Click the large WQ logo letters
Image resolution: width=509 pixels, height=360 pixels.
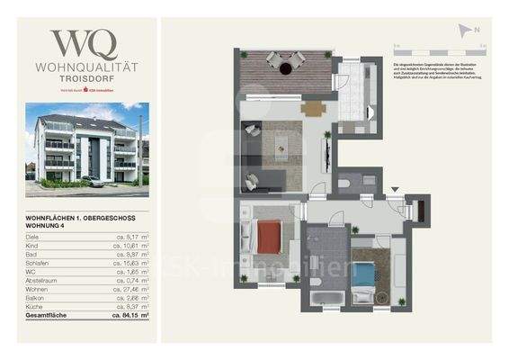click(84, 43)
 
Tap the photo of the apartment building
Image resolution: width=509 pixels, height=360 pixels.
click(87, 148)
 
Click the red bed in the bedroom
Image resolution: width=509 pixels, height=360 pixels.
click(269, 238)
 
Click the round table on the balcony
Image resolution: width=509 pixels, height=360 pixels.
click(285, 66)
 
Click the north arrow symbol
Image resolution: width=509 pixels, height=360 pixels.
click(465, 29)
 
